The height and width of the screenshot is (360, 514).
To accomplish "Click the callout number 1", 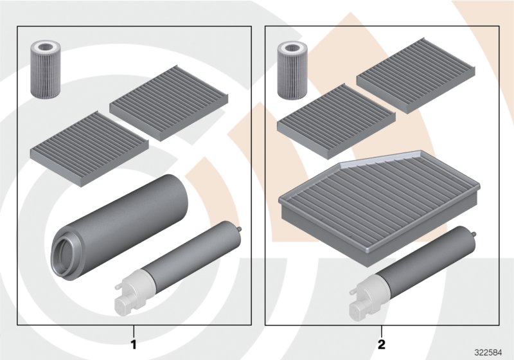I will pos(134,344).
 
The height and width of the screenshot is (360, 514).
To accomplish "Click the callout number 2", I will pos(381,344).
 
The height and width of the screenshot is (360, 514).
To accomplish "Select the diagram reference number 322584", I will pos(489,352).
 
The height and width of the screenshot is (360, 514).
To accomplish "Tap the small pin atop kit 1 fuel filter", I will pos(239,229).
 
